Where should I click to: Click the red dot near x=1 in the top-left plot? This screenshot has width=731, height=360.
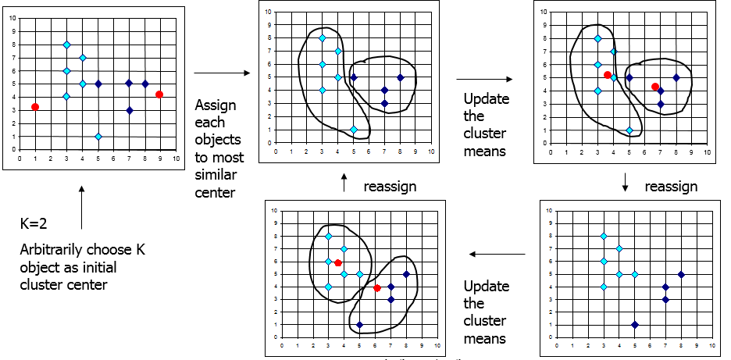point(35,107)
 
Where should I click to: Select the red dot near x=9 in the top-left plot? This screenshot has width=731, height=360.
point(159,94)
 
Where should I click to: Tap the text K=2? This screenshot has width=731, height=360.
point(34,223)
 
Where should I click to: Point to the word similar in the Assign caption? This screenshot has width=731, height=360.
point(216,176)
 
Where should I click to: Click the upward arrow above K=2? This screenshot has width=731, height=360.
point(82,208)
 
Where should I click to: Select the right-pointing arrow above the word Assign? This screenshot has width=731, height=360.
point(222,73)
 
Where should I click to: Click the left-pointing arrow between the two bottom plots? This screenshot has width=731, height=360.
point(497,254)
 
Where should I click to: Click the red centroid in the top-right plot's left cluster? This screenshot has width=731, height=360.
point(607,75)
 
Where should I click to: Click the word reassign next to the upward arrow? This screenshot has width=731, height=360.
point(390,187)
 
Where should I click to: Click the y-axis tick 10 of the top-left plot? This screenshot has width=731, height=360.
point(12,18)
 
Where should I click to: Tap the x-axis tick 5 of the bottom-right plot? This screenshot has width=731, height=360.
point(634,346)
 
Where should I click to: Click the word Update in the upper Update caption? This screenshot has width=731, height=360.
point(487,99)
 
